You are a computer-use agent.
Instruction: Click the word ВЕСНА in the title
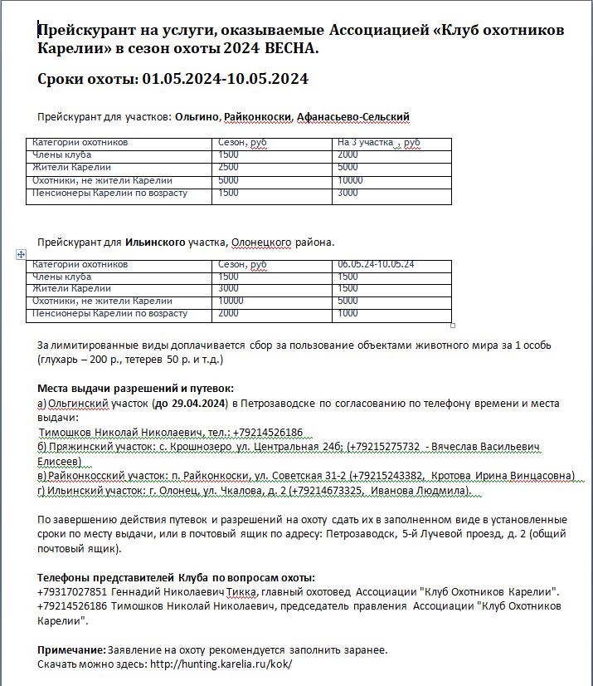pyautogui.click(x=290, y=49)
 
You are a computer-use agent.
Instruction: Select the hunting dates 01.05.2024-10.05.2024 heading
pyautogui.click(x=173, y=80)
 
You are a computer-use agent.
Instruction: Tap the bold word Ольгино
pyautogui.click(x=197, y=116)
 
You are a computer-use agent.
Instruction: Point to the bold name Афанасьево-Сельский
pyautogui.click(x=353, y=116)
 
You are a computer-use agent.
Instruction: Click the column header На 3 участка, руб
pyautogui.click(x=378, y=143)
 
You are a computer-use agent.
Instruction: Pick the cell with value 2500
pyautogui.click(x=228, y=168)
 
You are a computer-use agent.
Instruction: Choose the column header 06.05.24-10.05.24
pyautogui.click(x=377, y=264)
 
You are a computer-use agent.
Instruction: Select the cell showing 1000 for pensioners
pyautogui.click(x=348, y=314)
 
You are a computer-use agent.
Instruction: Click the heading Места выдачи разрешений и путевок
pyautogui.click(x=136, y=388)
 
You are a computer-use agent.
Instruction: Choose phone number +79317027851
pyautogui.click(x=73, y=591)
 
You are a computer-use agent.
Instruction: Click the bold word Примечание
pyautogui.click(x=70, y=649)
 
